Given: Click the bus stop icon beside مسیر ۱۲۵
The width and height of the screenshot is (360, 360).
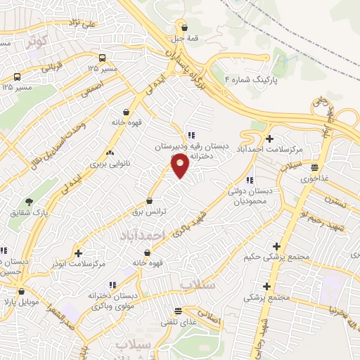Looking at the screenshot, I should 103,58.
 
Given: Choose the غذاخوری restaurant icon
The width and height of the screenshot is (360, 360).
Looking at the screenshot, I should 314,167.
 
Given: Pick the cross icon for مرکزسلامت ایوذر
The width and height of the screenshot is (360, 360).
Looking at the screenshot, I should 78,252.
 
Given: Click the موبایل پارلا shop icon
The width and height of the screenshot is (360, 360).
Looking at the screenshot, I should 22,291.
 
